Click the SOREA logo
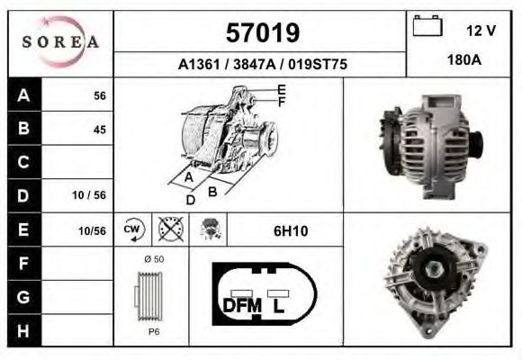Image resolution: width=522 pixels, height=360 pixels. click(59, 42)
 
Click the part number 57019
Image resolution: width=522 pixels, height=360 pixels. click(261, 33)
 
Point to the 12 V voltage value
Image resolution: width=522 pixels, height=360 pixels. click(481, 31)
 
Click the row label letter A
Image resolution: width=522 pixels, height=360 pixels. click(23, 95)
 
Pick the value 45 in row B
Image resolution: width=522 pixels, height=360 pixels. click(99, 130)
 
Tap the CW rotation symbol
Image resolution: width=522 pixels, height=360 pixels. click(132, 229)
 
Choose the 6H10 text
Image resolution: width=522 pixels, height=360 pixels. click(290, 230)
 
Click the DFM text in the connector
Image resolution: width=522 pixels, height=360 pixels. click(241, 306)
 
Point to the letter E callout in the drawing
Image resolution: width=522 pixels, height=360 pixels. click(282, 89)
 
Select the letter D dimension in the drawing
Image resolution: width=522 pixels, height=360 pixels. click(190, 200)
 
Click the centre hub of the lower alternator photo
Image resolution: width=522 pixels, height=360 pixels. click(440, 267)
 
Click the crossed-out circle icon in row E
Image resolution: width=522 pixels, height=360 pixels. click(166, 229)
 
